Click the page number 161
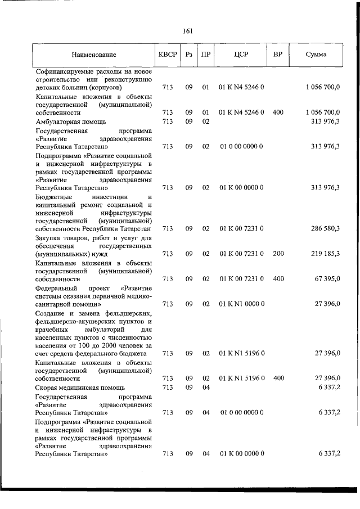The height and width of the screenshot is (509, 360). point(188,31)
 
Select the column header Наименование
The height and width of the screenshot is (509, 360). point(94,55)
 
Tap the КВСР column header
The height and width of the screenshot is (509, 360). point(167,55)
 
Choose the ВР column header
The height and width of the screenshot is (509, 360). point(277,55)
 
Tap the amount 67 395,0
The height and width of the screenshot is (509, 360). point(325,279)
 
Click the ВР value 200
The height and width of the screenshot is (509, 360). point(277,254)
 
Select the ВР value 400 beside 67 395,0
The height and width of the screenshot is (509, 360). point(277,279)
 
